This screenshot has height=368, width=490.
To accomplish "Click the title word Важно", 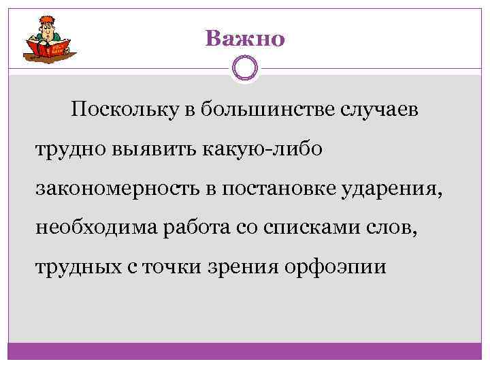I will pyautogui.click(x=245, y=39).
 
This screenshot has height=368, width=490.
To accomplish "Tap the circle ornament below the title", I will pyautogui.click(x=244, y=69).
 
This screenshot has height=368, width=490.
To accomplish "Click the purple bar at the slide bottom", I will pyautogui.click(x=245, y=352).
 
